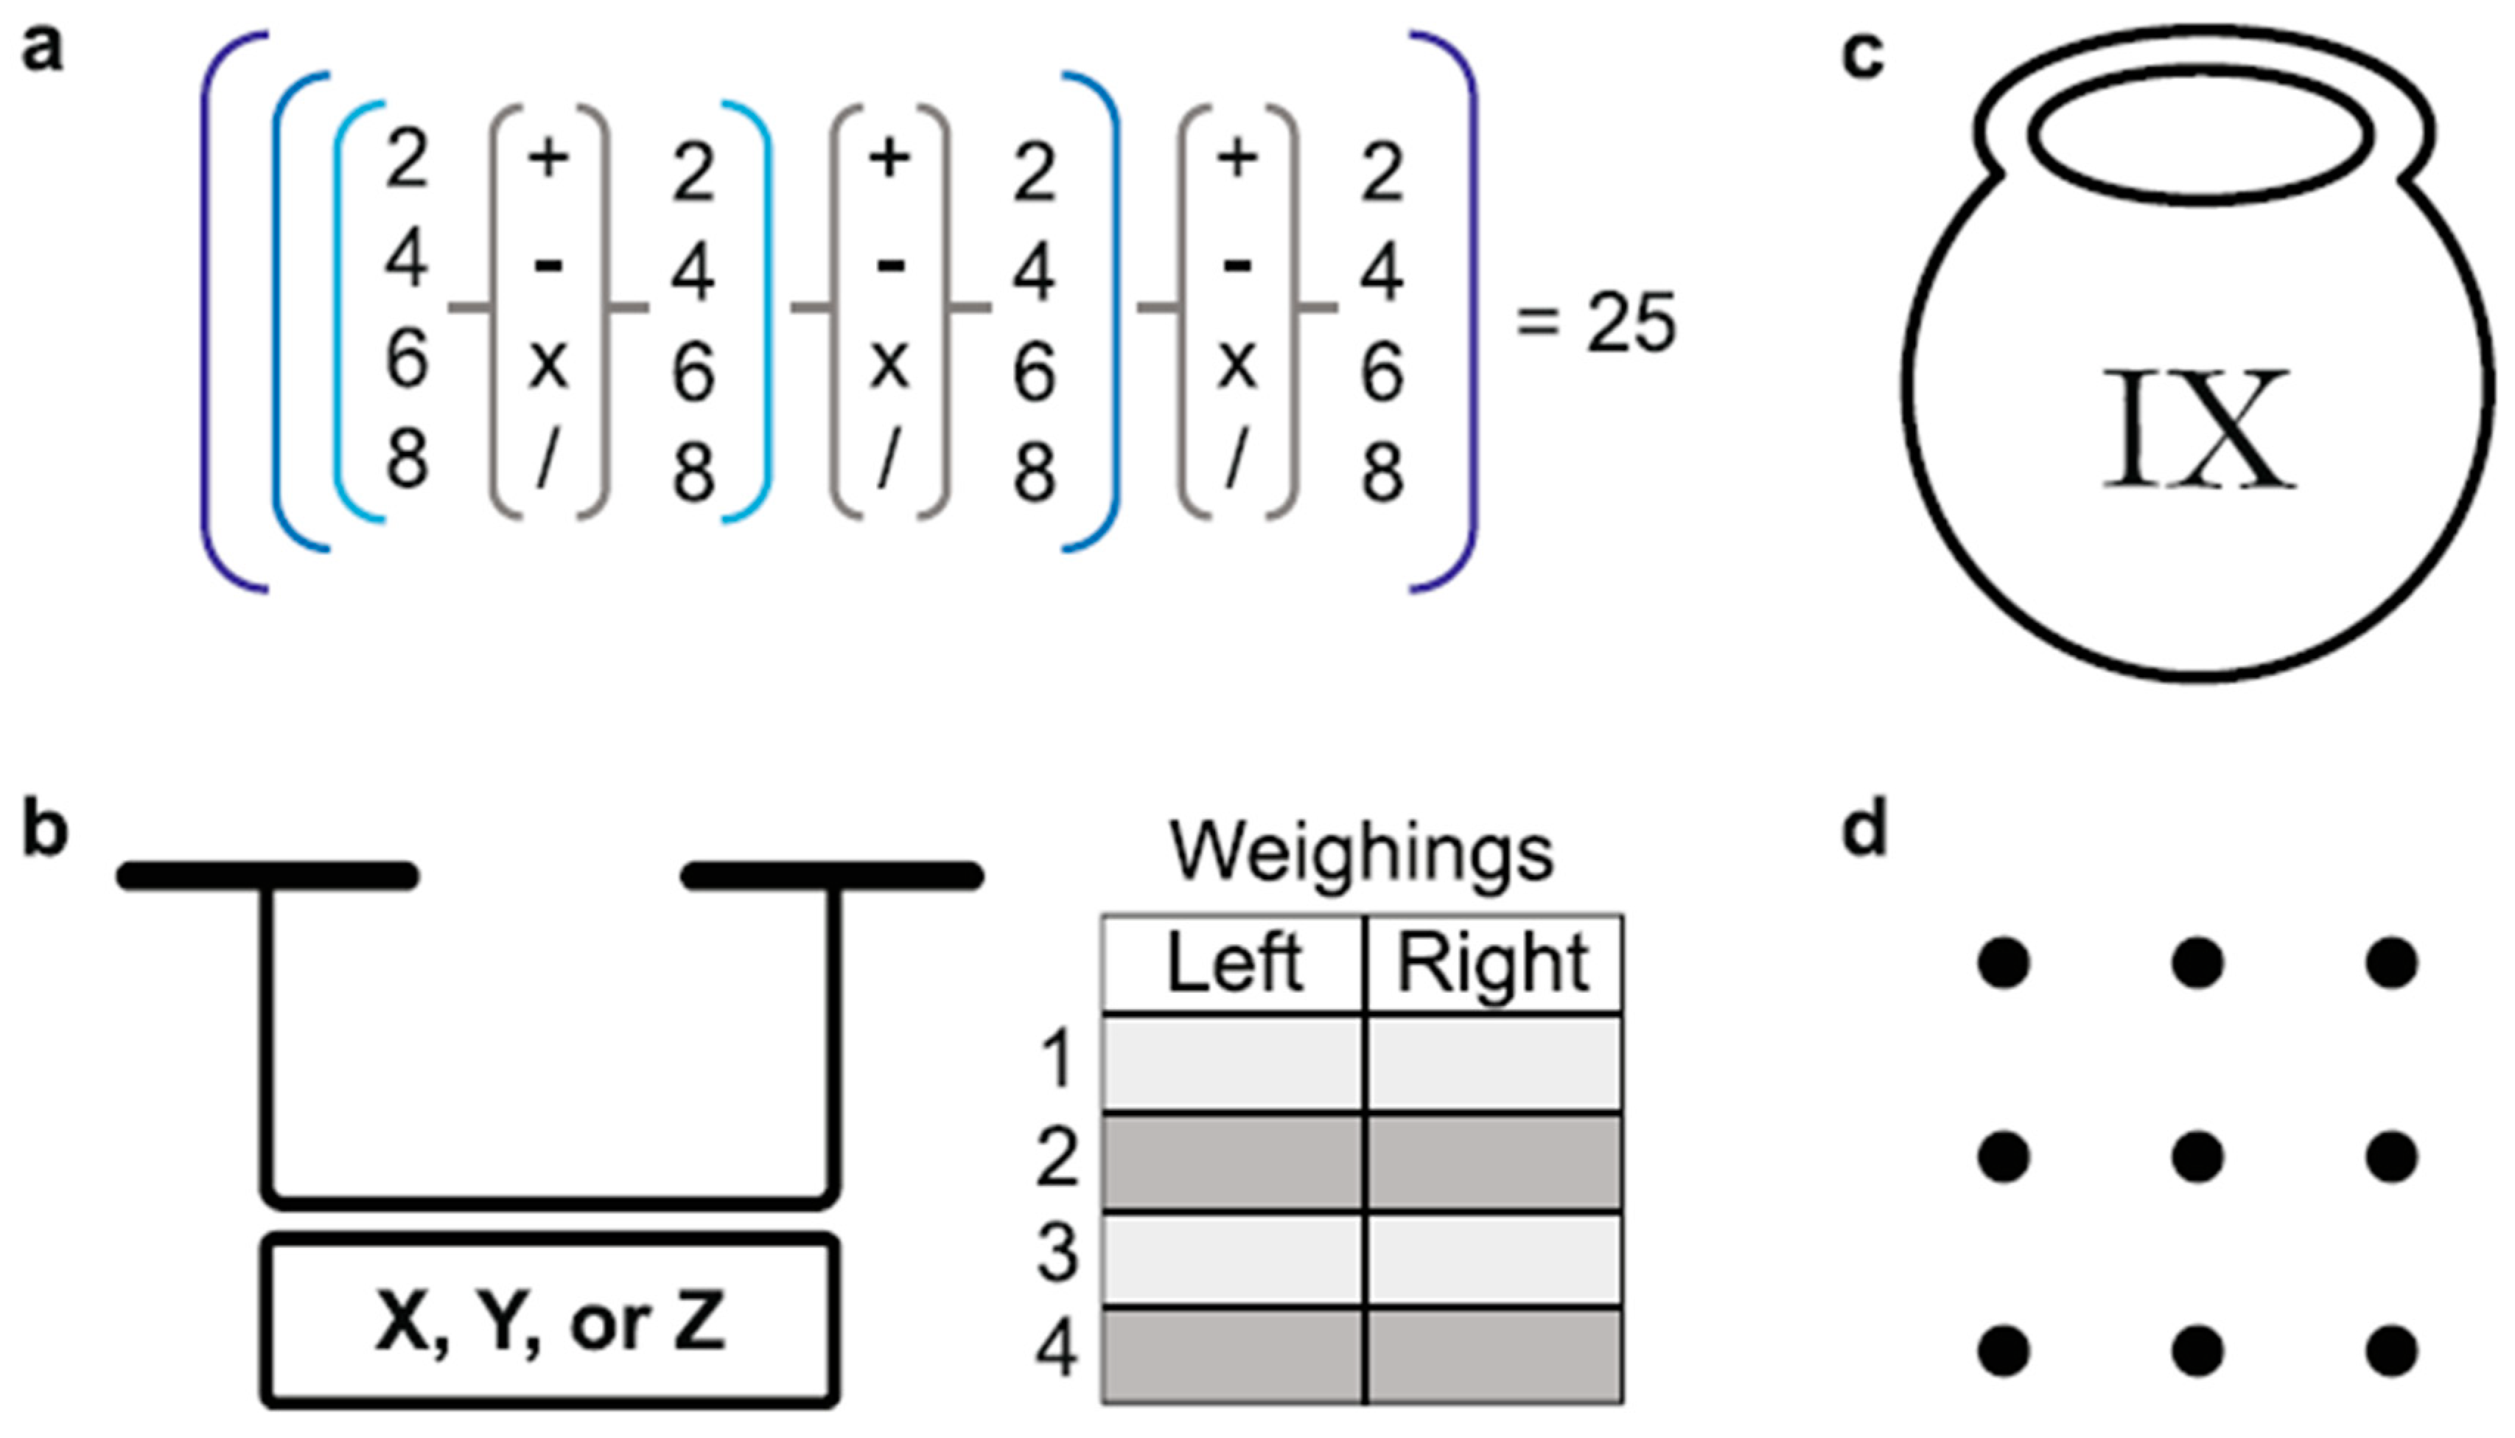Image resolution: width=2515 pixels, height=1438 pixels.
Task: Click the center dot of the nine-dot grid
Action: click(x=2197, y=1156)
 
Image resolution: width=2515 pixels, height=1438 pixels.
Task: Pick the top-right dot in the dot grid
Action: click(x=2390, y=963)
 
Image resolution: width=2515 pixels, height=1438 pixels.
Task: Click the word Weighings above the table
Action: click(x=1361, y=852)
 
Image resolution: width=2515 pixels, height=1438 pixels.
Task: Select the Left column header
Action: click(x=1234, y=963)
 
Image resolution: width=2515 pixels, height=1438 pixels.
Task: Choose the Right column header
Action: click(x=1492, y=963)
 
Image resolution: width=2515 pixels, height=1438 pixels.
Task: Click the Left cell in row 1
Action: click(x=1234, y=1063)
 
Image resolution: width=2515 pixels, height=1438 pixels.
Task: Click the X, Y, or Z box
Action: click(x=550, y=1322)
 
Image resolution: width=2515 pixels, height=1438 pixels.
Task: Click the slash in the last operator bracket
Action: click(x=1234, y=457)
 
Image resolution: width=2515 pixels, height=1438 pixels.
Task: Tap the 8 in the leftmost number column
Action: click(x=407, y=459)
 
